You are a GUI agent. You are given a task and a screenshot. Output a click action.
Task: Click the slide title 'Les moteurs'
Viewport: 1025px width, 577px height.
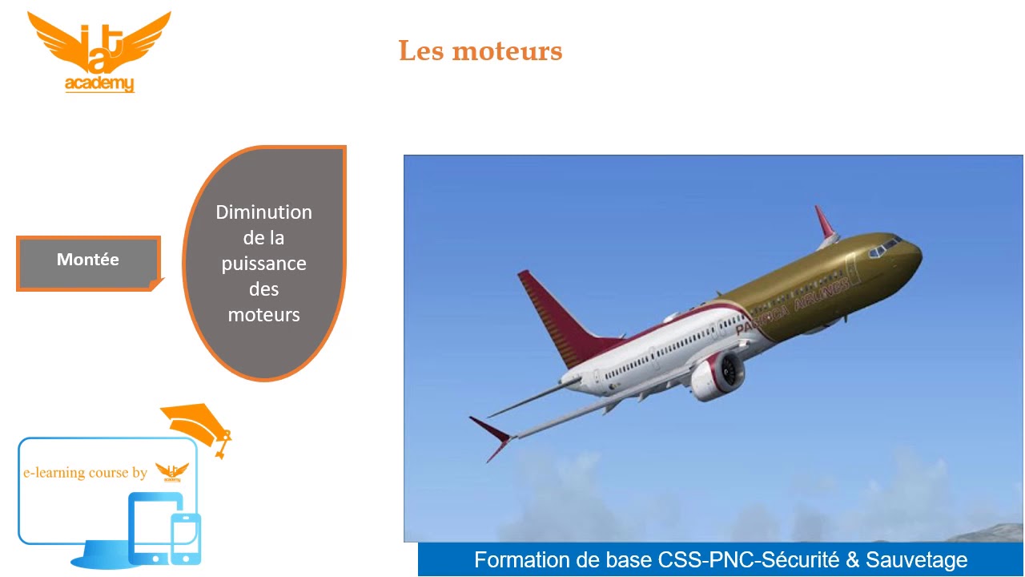(480, 51)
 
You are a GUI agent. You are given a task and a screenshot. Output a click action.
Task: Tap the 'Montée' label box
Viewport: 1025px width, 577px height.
(88, 260)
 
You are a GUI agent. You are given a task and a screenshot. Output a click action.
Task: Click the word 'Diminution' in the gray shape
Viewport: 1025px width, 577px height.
(263, 212)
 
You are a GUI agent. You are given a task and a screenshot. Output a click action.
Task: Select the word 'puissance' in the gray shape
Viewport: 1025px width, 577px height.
(263, 264)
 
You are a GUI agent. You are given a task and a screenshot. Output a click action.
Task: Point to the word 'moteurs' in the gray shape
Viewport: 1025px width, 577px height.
(263, 315)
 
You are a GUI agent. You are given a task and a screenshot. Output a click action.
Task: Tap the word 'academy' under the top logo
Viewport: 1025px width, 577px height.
(99, 84)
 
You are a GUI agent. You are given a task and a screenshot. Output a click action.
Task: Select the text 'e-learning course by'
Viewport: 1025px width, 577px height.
(85, 473)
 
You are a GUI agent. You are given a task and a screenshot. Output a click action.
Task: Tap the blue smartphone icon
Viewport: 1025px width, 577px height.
(186, 539)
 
